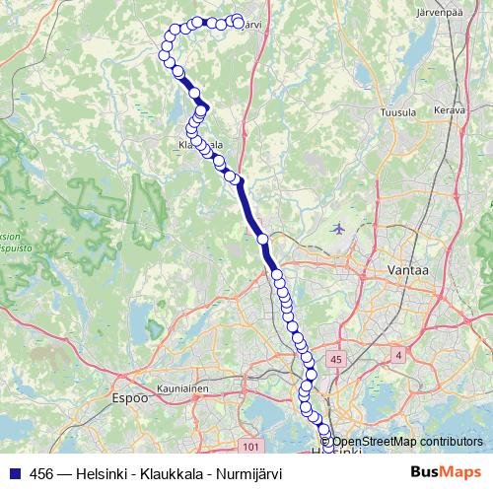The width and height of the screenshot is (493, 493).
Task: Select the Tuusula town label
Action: (397, 113)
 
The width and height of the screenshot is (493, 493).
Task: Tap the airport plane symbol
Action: (339, 228)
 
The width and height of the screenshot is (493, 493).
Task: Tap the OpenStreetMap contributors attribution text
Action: (405, 442)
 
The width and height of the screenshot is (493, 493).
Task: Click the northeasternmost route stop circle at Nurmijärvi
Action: (238, 21)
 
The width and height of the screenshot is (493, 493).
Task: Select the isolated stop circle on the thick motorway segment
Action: (262, 239)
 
